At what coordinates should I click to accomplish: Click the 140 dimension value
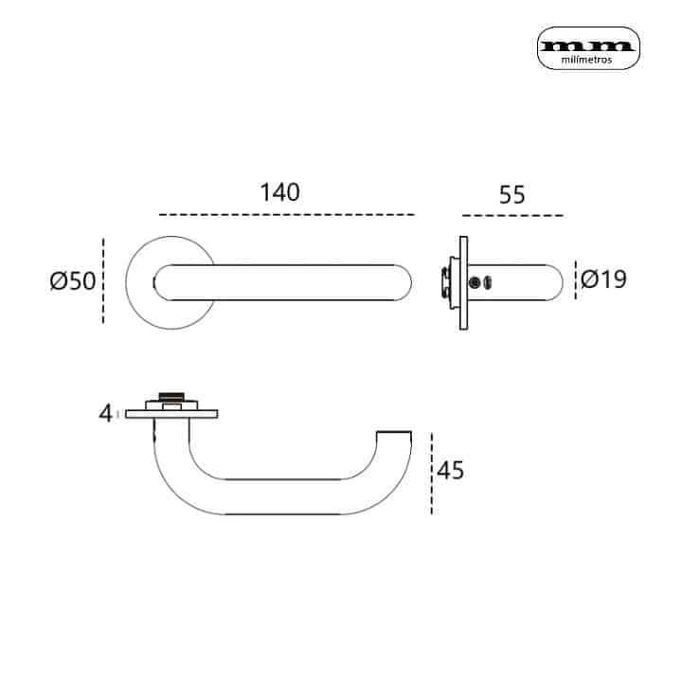pyautogui.click(x=279, y=192)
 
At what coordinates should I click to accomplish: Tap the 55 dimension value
pyautogui.click(x=511, y=195)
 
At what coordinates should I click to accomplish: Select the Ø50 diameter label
pyautogui.click(x=73, y=281)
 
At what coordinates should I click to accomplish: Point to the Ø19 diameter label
pyautogui.click(x=603, y=279)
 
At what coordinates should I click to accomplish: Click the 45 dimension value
pyautogui.click(x=451, y=470)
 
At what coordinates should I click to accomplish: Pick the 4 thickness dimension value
pyautogui.click(x=105, y=412)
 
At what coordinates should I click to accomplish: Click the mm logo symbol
pyautogui.click(x=588, y=44)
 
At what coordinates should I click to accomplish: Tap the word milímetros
pyautogui.click(x=588, y=59)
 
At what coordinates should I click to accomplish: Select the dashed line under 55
pyautogui.click(x=511, y=215)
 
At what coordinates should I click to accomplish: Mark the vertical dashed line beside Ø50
pyautogui.click(x=102, y=281)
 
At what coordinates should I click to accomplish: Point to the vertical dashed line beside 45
pyautogui.click(x=432, y=474)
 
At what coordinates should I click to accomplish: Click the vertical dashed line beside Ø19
pyautogui.click(x=575, y=279)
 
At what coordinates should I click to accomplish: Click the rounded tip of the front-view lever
pyautogui.click(x=405, y=281)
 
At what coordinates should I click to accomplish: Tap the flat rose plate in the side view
pyautogui.click(x=463, y=282)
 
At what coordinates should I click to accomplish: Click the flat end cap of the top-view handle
pyautogui.click(x=394, y=434)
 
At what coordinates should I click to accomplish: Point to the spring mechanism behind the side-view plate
pyautogui.click(x=444, y=281)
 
